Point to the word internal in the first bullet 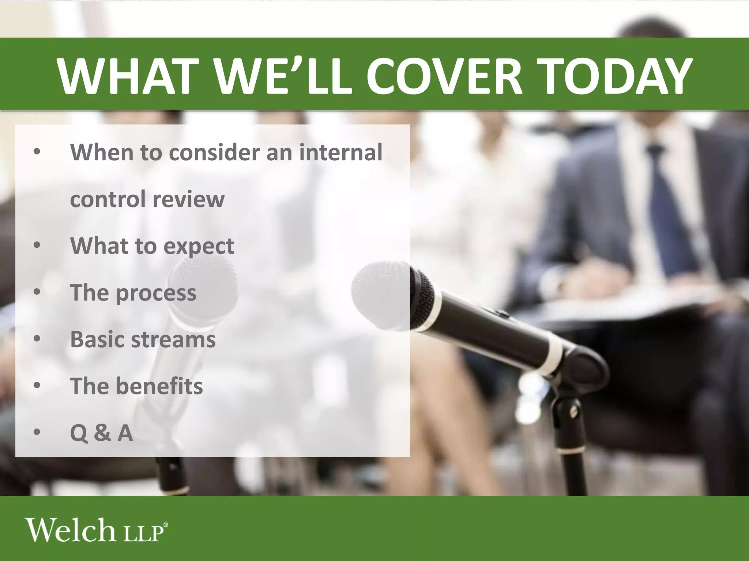coord(341,152)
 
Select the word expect coord(199,247)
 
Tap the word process coord(156,293)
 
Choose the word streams coord(173,339)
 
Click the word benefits coord(159,386)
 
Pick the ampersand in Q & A coord(102,433)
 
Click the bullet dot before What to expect coord(37,246)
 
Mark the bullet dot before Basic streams coord(37,339)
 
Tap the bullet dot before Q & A coord(37,433)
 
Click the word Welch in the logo coord(69,530)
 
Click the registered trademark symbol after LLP coord(166,525)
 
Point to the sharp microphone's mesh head coord(380,292)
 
